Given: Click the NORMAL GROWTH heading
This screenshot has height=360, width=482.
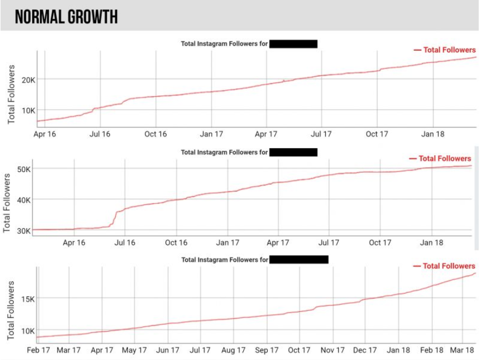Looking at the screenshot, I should tap(66, 17).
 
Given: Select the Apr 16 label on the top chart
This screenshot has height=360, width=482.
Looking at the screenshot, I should tap(45, 134).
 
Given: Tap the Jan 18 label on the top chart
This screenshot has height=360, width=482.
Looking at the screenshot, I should tap(432, 134).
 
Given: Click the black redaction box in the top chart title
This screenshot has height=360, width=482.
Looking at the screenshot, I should tap(293, 44).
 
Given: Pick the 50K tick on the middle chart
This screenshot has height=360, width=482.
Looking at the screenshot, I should tap(23, 169).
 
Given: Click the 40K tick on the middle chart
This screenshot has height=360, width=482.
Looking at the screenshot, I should tap(23, 199).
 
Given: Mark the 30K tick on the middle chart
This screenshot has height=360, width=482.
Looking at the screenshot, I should tap(23, 231).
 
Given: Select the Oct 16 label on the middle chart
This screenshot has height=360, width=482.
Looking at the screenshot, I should tap(176, 243).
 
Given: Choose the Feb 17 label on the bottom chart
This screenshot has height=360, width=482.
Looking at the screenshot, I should tap(38, 350).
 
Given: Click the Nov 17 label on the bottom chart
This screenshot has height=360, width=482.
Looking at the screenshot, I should tap(333, 350).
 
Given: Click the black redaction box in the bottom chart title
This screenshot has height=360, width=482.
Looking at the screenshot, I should tap(299, 259).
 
